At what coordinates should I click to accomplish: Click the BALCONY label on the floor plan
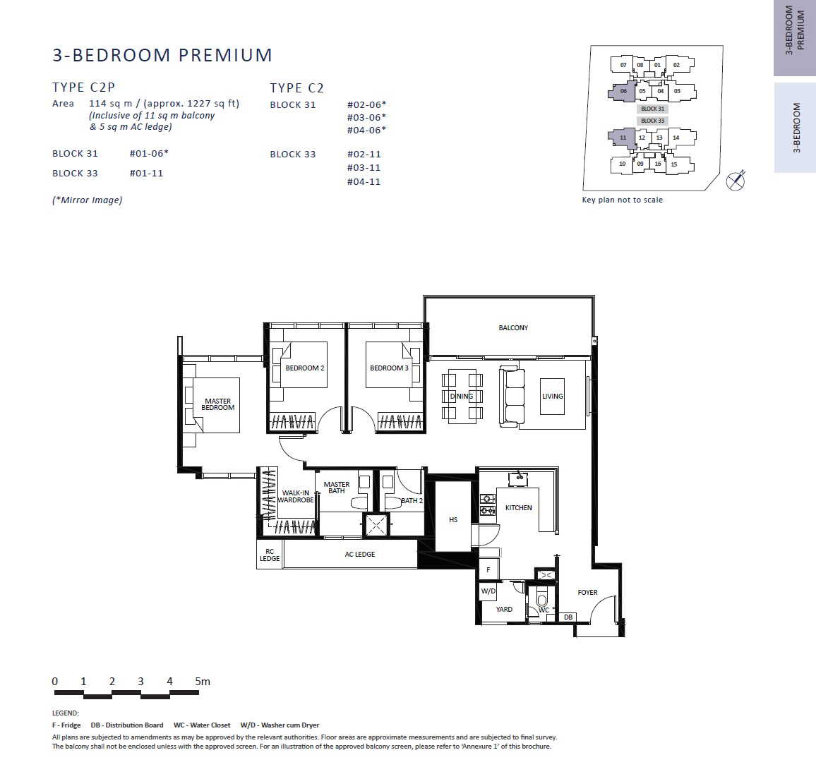click(513, 328)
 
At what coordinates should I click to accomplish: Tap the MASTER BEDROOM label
click(217, 404)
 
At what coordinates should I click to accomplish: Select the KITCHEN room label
click(518, 507)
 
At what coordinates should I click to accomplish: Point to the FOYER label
click(587, 592)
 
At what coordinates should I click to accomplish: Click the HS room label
click(453, 519)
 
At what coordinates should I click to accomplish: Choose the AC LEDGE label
click(359, 554)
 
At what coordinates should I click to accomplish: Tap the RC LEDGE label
click(270, 555)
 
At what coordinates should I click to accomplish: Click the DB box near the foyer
click(568, 617)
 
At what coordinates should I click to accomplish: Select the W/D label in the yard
click(488, 591)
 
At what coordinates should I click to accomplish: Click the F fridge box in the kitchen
click(488, 570)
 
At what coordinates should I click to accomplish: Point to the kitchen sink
click(518, 478)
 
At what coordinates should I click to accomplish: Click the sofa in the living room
click(512, 397)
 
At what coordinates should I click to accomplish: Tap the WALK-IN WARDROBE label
click(296, 497)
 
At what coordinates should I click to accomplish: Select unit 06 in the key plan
click(623, 91)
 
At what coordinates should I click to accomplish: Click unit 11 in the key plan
click(623, 138)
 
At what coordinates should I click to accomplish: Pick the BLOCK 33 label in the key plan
click(653, 121)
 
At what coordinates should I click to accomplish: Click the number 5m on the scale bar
click(203, 681)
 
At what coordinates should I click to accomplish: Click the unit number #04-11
click(364, 181)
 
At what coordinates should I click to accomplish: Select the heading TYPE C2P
click(83, 87)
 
